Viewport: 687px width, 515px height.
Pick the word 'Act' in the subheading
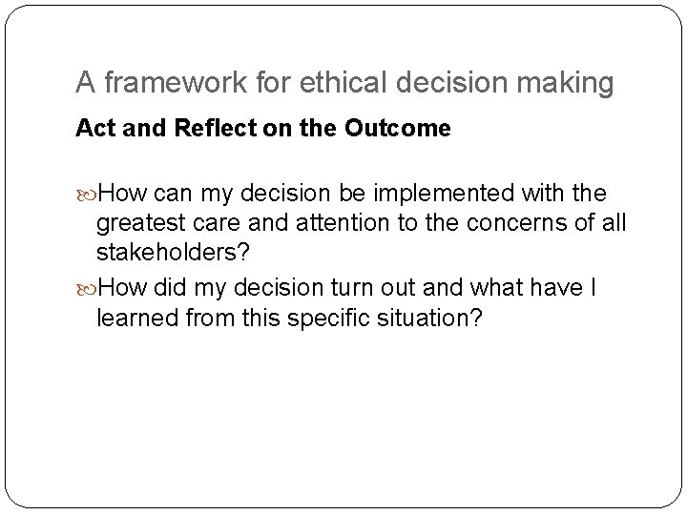[x=93, y=129]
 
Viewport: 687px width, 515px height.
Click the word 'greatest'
[x=140, y=225]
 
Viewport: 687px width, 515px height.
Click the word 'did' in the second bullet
[x=175, y=288]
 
